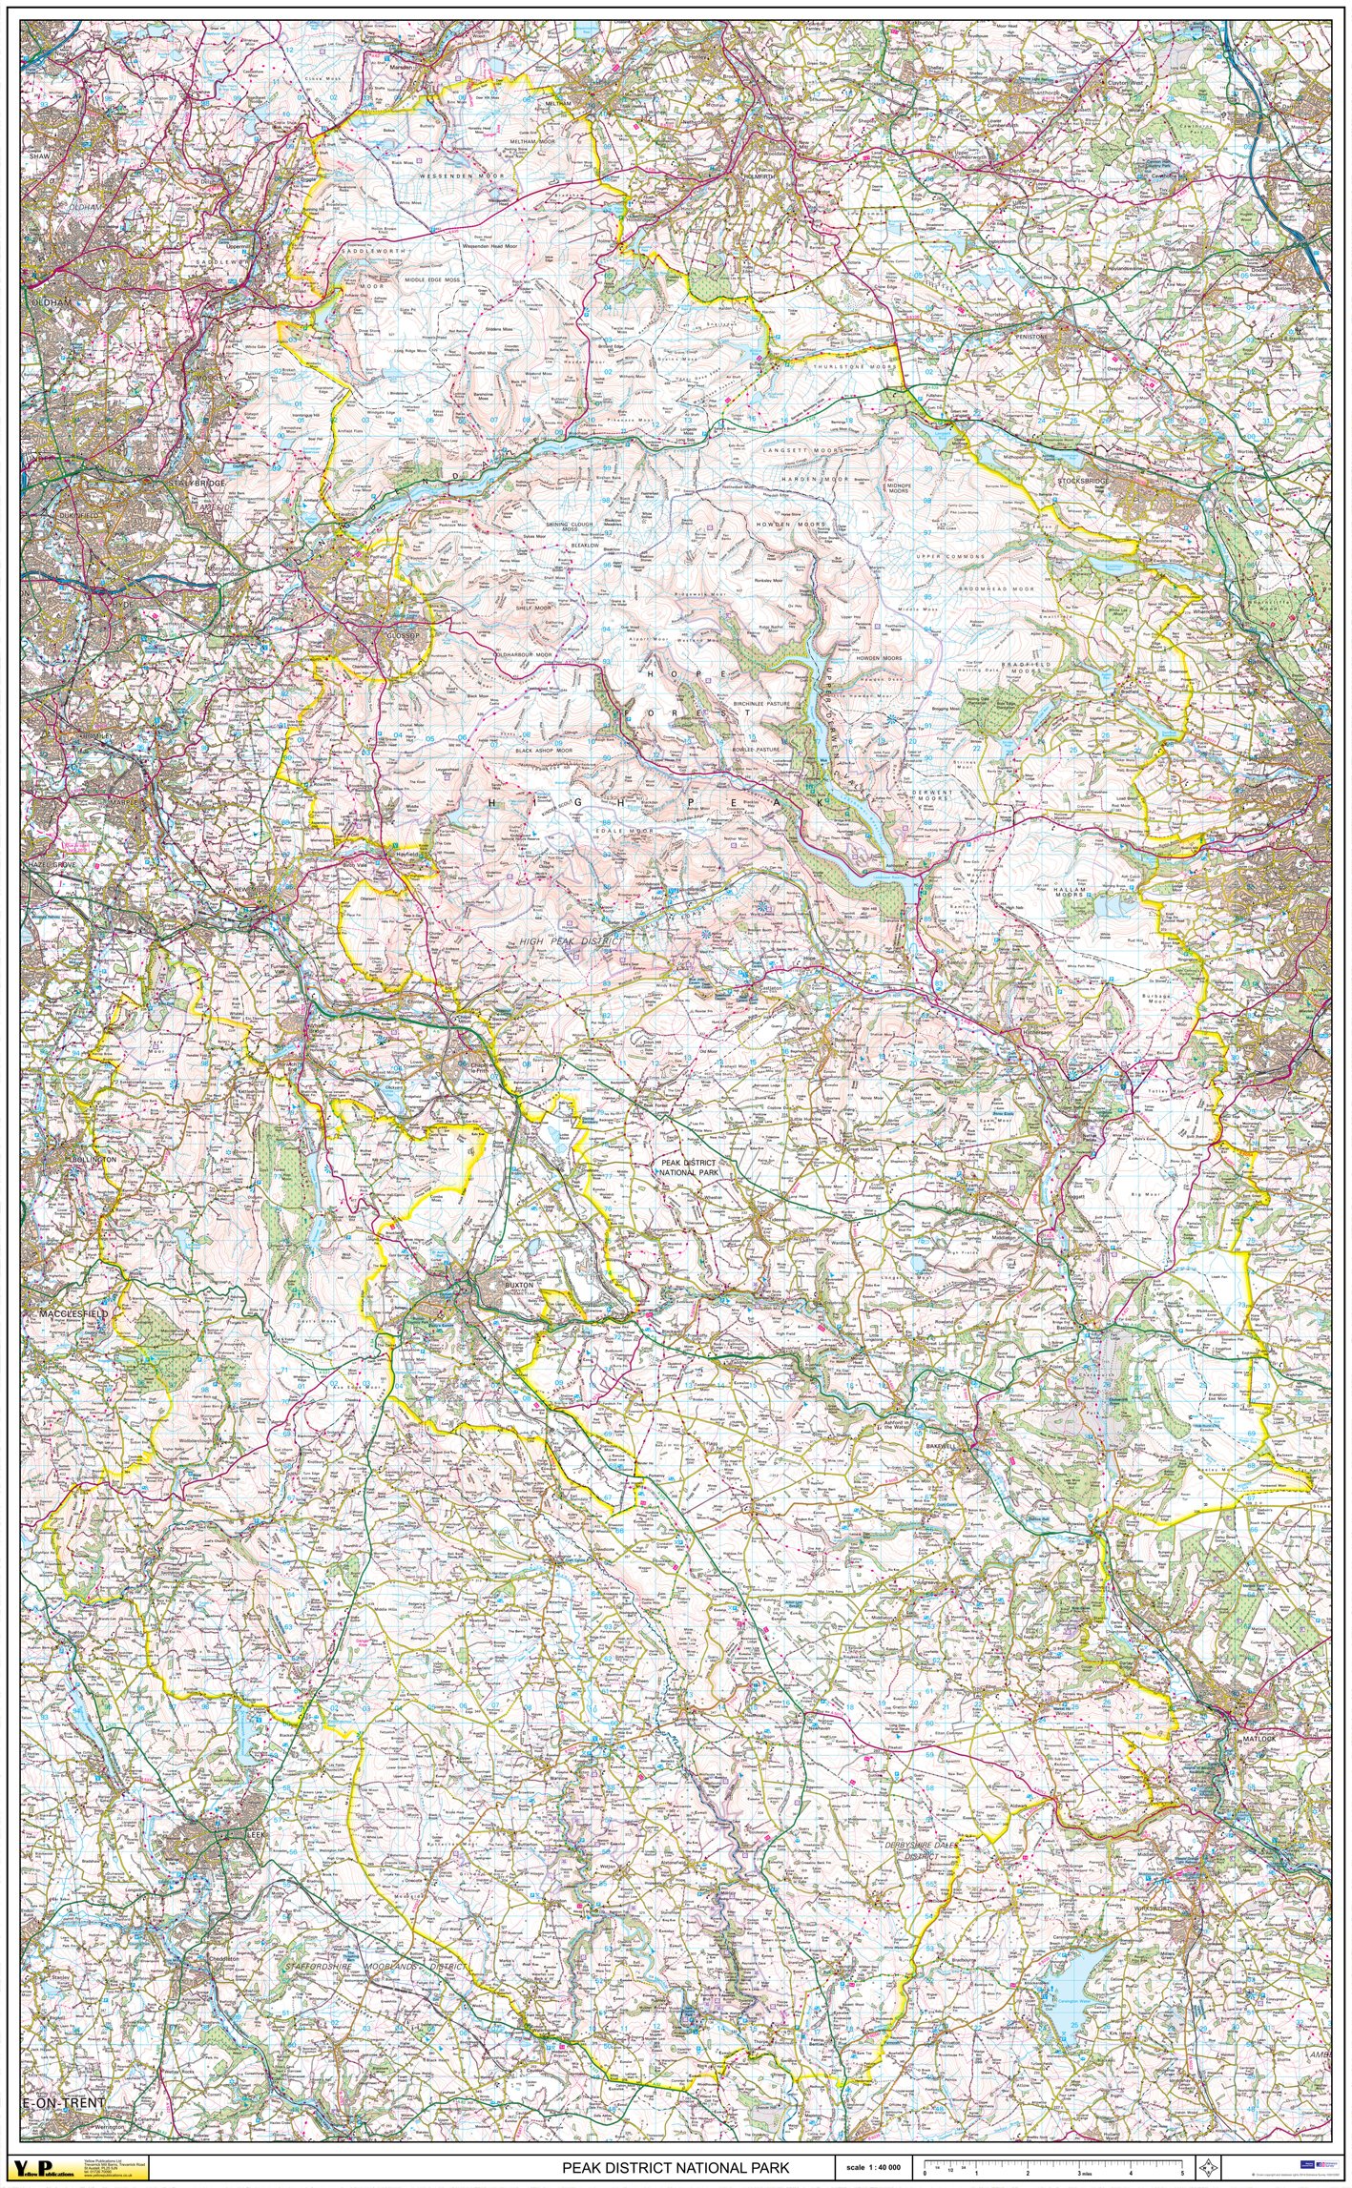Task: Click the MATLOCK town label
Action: [1258, 1738]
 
